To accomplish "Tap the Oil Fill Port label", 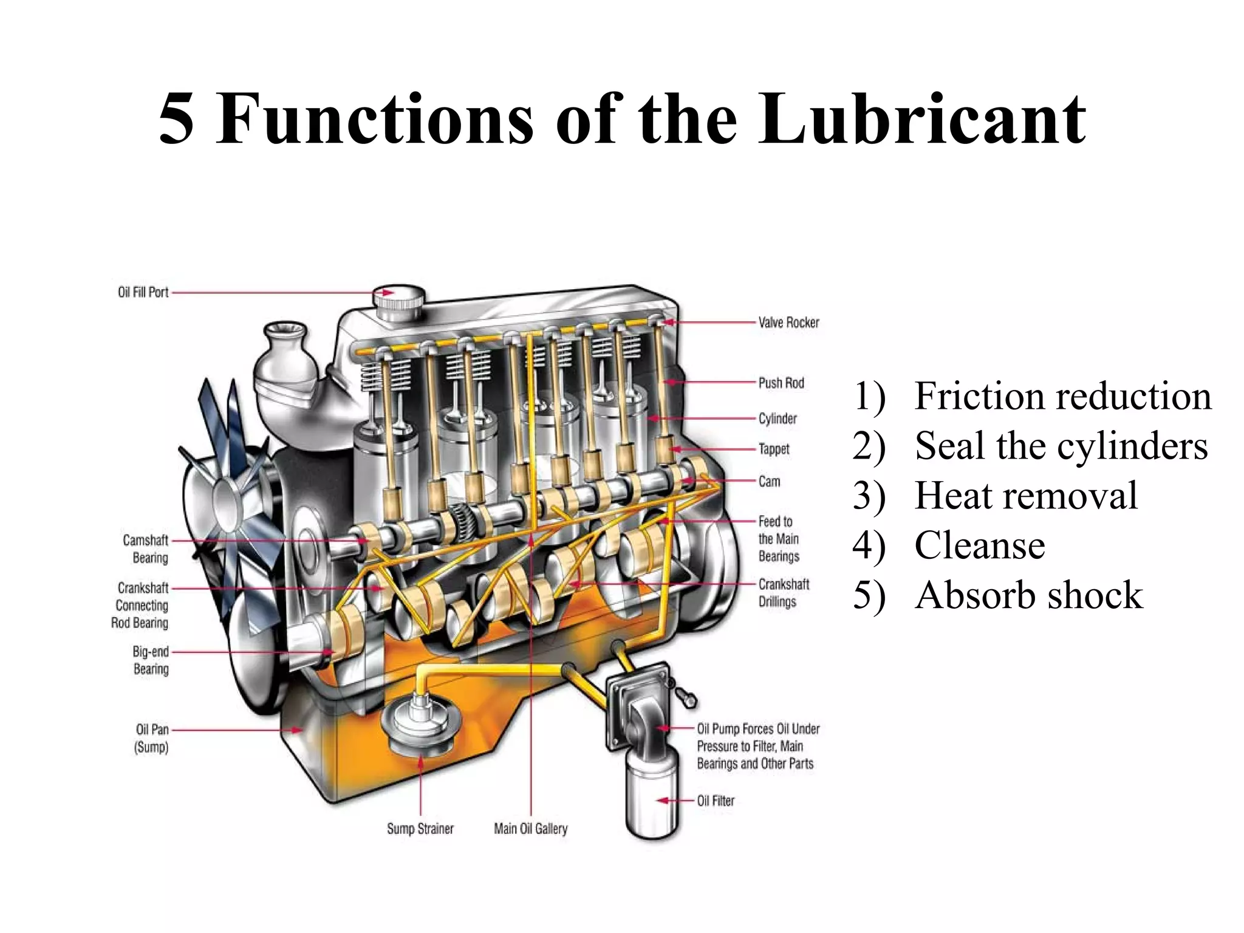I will (143, 292).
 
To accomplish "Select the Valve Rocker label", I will (788, 323).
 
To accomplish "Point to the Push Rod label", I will (781, 383).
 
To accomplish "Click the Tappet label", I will (774, 449).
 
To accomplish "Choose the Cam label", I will (769, 481).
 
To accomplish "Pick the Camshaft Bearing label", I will (146, 549).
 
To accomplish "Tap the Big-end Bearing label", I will (151, 660).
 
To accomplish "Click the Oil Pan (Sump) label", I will (152, 737).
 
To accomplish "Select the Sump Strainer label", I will (420, 829).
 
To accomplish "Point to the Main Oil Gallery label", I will (530, 829).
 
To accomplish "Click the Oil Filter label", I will (716, 801).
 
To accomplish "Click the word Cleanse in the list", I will (979, 545).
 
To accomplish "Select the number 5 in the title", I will (176, 120).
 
